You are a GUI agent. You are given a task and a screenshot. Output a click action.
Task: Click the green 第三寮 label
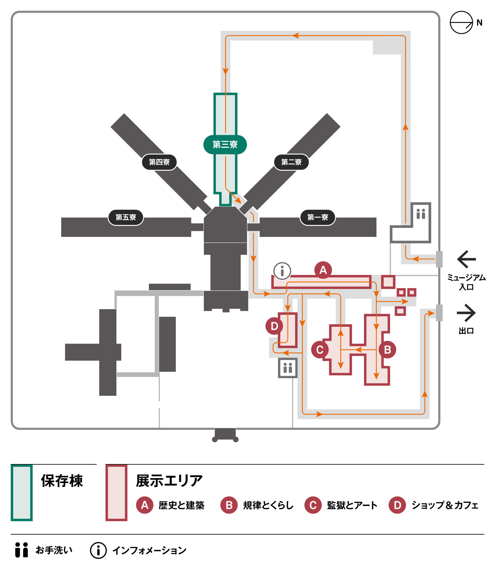[x=225, y=144]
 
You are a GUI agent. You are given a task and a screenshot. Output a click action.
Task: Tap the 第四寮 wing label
[x=159, y=162]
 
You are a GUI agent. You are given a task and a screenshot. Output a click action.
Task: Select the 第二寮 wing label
[x=292, y=162]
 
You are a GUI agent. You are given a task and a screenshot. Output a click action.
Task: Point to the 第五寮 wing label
[x=126, y=217]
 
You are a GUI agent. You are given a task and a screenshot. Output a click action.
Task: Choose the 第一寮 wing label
[x=318, y=217]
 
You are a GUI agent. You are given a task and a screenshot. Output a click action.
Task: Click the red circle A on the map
[x=323, y=270]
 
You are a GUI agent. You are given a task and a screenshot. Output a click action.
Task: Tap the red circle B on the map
[x=387, y=350]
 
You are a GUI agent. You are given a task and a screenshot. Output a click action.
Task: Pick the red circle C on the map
[x=320, y=350]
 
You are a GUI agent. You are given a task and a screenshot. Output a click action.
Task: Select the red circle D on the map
[x=274, y=326]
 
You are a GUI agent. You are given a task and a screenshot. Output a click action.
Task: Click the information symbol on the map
[x=282, y=271]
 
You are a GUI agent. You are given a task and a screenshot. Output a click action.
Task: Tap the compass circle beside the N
[x=461, y=23]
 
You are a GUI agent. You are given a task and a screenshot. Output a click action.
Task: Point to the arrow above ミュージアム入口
[x=467, y=259]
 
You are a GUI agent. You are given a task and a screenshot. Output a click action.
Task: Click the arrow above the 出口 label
[x=466, y=313]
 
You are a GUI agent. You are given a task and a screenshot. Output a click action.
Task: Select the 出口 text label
[x=466, y=331]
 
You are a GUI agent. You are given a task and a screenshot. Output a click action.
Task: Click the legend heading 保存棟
[x=62, y=481]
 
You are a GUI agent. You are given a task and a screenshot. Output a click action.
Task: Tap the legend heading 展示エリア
[x=169, y=481]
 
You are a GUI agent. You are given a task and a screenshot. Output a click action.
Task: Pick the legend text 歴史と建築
[x=181, y=505]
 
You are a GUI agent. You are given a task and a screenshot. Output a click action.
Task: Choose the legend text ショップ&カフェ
[x=445, y=505]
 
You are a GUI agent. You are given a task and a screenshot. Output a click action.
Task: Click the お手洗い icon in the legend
[x=22, y=550]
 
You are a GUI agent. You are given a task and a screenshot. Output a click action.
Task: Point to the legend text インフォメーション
[x=149, y=551]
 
